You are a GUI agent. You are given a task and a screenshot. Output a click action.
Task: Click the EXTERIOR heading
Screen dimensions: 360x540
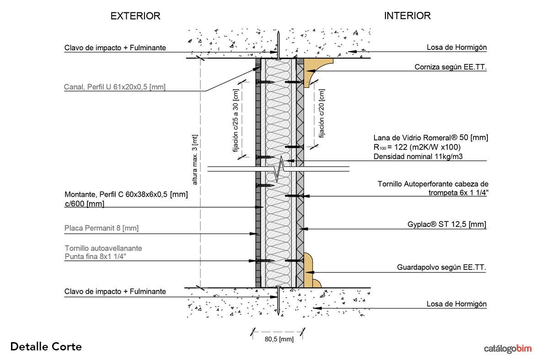pyautogui.click(x=135, y=16)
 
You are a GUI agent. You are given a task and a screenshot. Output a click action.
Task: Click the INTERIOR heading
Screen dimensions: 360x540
pyautogui.click(x=407, y=16)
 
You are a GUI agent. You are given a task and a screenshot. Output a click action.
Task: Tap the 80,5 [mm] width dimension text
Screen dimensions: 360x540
pyautogui.click(x=279, y=339)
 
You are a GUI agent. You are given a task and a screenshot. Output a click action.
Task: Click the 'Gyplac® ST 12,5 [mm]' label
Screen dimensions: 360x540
pyautogui.click(x=447, y=225)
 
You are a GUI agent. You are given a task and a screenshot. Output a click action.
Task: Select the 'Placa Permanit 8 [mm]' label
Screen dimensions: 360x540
pyautogui.click(x=102, y=228)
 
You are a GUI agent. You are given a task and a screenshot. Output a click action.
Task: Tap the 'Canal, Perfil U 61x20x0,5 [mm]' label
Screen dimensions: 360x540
pyautogui.click(x=115, y=86)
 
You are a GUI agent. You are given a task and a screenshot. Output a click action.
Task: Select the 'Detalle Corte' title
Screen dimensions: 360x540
pyautogui.click(x=46, y=347)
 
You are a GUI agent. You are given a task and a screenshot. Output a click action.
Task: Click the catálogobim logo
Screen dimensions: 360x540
pyautogui.click(x=508, y=349)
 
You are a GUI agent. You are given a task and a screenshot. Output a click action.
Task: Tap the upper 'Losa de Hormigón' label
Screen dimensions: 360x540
pyautogui.click(x=456, y=47)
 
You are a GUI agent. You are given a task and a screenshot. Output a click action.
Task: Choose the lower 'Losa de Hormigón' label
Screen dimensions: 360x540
pyautogui.click(x=456, y=304)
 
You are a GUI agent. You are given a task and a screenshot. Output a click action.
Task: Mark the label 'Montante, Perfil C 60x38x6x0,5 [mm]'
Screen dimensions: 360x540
pyautogui.click(x=126, y=194)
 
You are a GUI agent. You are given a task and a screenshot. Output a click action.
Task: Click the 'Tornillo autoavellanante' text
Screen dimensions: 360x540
pyautogui.click(x=103, y=248)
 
